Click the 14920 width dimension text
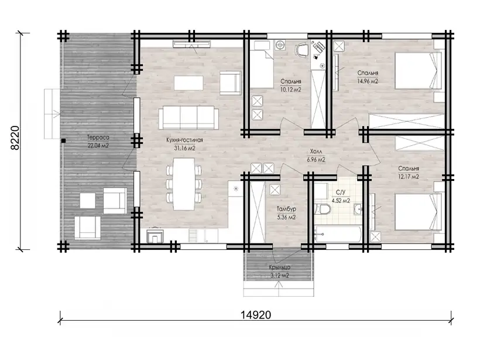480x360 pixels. [x=256, y=314]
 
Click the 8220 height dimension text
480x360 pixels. [x=15, y=138]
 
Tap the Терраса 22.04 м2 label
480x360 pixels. [x=98, y=142]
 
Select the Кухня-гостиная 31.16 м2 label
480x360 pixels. [x=184, y=144]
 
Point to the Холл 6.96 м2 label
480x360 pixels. [x=316, y=156]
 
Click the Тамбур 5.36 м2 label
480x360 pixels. [x=286, y=213]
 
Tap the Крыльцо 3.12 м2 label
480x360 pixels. [x=280, y=271]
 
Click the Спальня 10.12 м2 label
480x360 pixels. [x=291, y=85]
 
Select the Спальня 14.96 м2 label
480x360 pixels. [x=368, y=77]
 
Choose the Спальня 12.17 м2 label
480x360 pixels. [x=409, y=172]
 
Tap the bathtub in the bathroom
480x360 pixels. [x=338, y=235]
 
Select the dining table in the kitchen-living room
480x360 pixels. [x=184, y=184]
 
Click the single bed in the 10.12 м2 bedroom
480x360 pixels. [x=262, y=64]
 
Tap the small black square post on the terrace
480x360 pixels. [x=63, y=140]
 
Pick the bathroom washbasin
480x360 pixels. [x=358, y=210]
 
